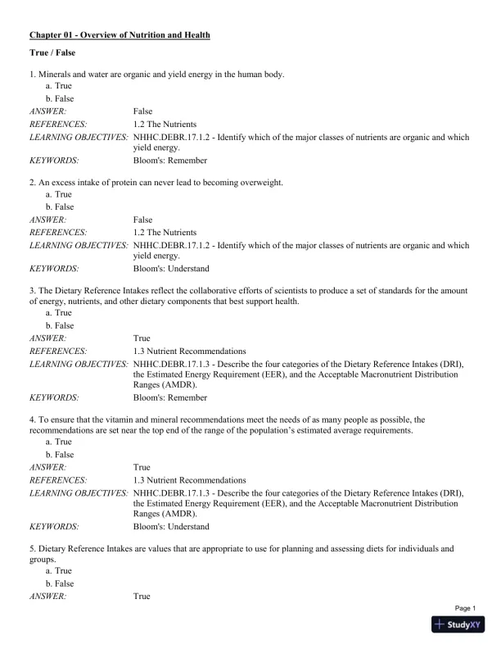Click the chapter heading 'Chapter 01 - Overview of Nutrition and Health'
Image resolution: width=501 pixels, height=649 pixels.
point(120,35)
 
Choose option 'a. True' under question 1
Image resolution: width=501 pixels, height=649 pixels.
point(59,85)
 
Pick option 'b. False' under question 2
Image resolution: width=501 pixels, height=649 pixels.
point(60,207)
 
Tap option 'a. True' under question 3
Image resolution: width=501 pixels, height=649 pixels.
point(59,313)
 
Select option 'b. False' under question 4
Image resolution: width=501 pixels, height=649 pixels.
point(60,455)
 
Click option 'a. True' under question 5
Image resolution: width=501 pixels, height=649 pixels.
point(59,570)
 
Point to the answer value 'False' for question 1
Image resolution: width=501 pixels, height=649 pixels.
point(142,110)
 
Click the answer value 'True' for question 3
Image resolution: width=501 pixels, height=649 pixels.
point(142,338)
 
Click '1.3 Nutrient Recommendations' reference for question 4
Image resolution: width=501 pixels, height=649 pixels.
point(189,479)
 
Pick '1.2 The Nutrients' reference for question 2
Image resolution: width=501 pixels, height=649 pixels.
point(164,232)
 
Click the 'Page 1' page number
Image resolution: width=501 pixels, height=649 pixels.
point(465,608)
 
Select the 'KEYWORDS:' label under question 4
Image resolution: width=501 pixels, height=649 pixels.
point(54,527)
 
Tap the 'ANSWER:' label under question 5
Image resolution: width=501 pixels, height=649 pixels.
point(47,596)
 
